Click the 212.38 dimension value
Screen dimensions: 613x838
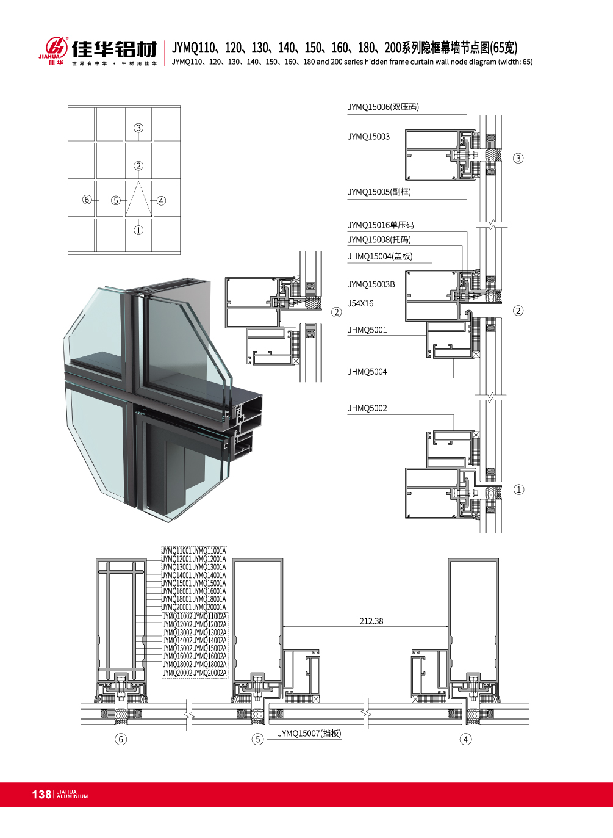[371, 621]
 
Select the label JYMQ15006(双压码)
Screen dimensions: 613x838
[383, 107]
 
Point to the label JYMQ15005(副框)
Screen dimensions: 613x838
[379, 192]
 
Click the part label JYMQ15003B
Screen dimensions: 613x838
[371, 284]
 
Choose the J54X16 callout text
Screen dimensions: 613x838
[360, 303]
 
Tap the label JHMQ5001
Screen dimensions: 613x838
[367, 330]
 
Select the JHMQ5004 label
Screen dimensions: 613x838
[367, 372]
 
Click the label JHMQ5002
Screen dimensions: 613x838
[367, 408]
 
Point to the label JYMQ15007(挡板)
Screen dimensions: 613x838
[309, 733]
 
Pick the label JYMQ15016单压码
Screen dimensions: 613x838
[381, 225]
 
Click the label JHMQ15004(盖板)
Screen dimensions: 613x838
[380, 256]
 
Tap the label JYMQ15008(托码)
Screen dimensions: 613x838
[379, 240]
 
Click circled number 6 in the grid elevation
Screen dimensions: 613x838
[87, 200]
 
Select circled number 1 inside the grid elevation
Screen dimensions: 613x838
[138, 230]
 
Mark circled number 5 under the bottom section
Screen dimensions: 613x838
[257, 739]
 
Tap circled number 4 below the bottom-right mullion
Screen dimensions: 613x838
[465, 739]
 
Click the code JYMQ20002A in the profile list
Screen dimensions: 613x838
[210, 673]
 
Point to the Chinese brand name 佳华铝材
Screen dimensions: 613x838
[115, 49]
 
